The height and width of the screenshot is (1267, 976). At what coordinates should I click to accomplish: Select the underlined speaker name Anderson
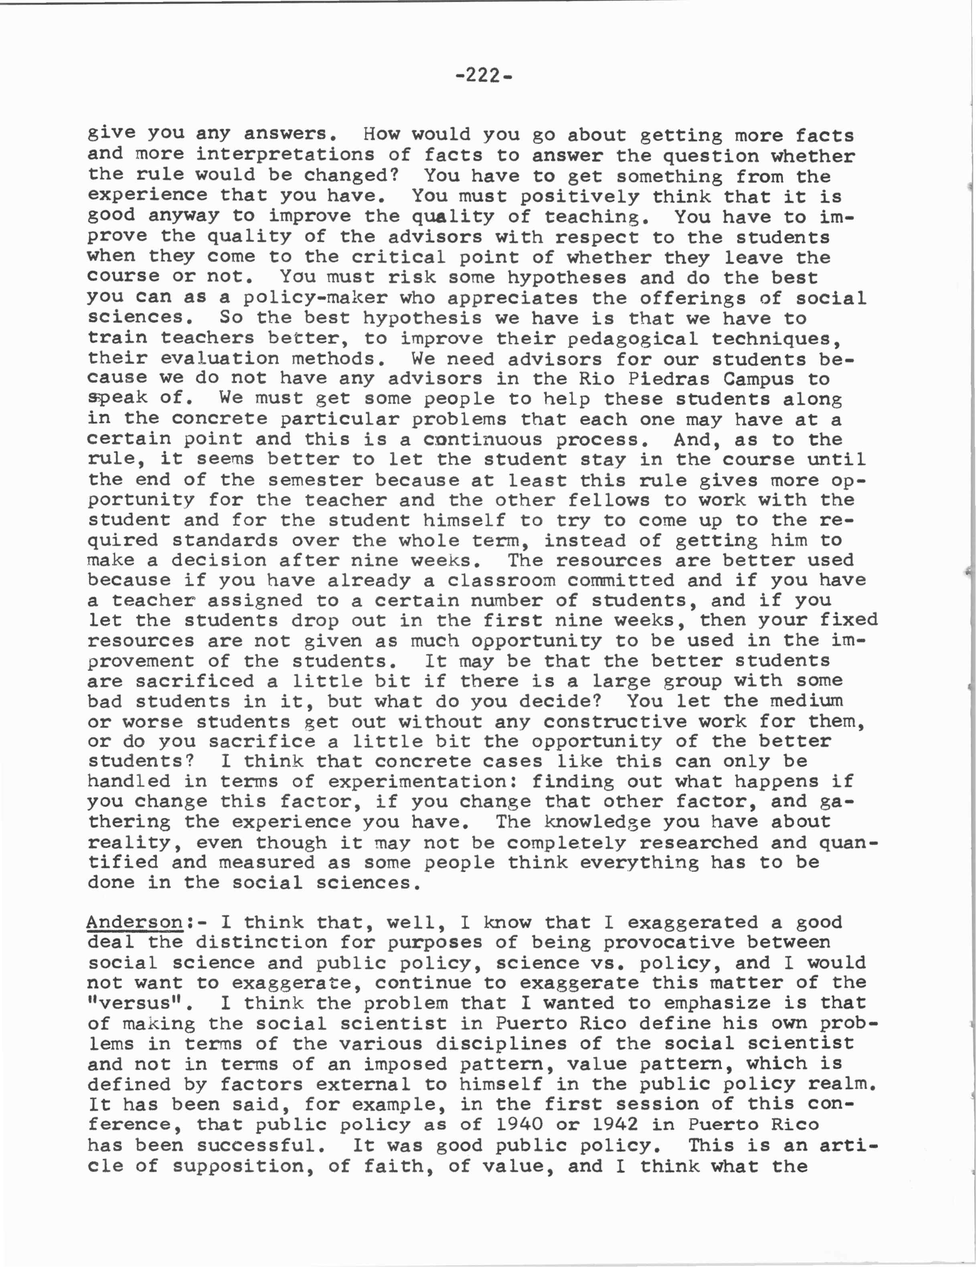point(135,922)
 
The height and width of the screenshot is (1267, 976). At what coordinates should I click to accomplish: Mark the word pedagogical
point(626,338)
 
